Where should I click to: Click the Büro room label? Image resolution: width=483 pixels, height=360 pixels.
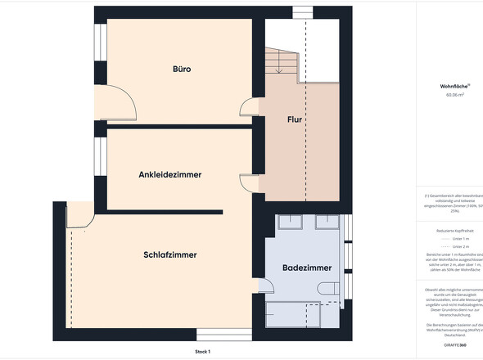tap(182, 70)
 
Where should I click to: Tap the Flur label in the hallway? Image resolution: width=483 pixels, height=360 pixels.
tap(295, 120)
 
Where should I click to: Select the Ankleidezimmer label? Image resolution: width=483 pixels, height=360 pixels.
tap(170, 174)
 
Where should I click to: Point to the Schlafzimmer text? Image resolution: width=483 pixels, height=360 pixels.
tap(169, 255)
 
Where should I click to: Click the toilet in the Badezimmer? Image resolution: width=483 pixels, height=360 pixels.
tap(327, 289)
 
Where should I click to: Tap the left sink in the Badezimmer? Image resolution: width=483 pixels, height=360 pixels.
tap(291, 222)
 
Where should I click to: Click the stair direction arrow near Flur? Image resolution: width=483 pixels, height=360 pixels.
tap(279, 70)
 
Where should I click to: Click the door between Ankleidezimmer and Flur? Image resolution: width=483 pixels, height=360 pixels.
tap(247, 183)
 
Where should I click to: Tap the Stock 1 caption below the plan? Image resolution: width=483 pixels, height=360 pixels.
tap(203, 351)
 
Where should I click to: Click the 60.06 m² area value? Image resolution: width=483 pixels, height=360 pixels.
tap(455, 95)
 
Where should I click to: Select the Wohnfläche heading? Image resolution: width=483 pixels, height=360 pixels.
tap(454, 85)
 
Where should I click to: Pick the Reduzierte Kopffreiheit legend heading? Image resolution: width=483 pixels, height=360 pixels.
tap(455, 232)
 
